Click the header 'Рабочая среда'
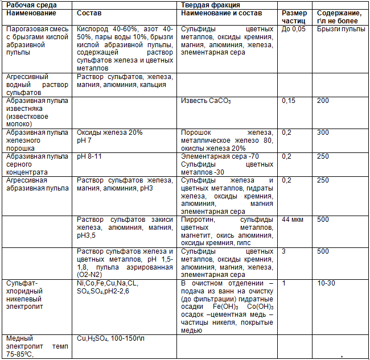point(28,5)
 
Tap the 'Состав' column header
point(89,13)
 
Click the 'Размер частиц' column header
point(294,16)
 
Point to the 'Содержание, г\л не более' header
point(339,16)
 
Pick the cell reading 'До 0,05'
point(294,28)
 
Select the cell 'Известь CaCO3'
point(206,101)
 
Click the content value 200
point(323,101)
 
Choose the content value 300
point(323,133)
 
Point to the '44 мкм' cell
point(294,220)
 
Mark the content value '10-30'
point(326,283)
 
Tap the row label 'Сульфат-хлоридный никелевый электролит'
point(32,295)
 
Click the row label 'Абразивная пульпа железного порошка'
point(36,140)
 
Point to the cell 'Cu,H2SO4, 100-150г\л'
point(111,338)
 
